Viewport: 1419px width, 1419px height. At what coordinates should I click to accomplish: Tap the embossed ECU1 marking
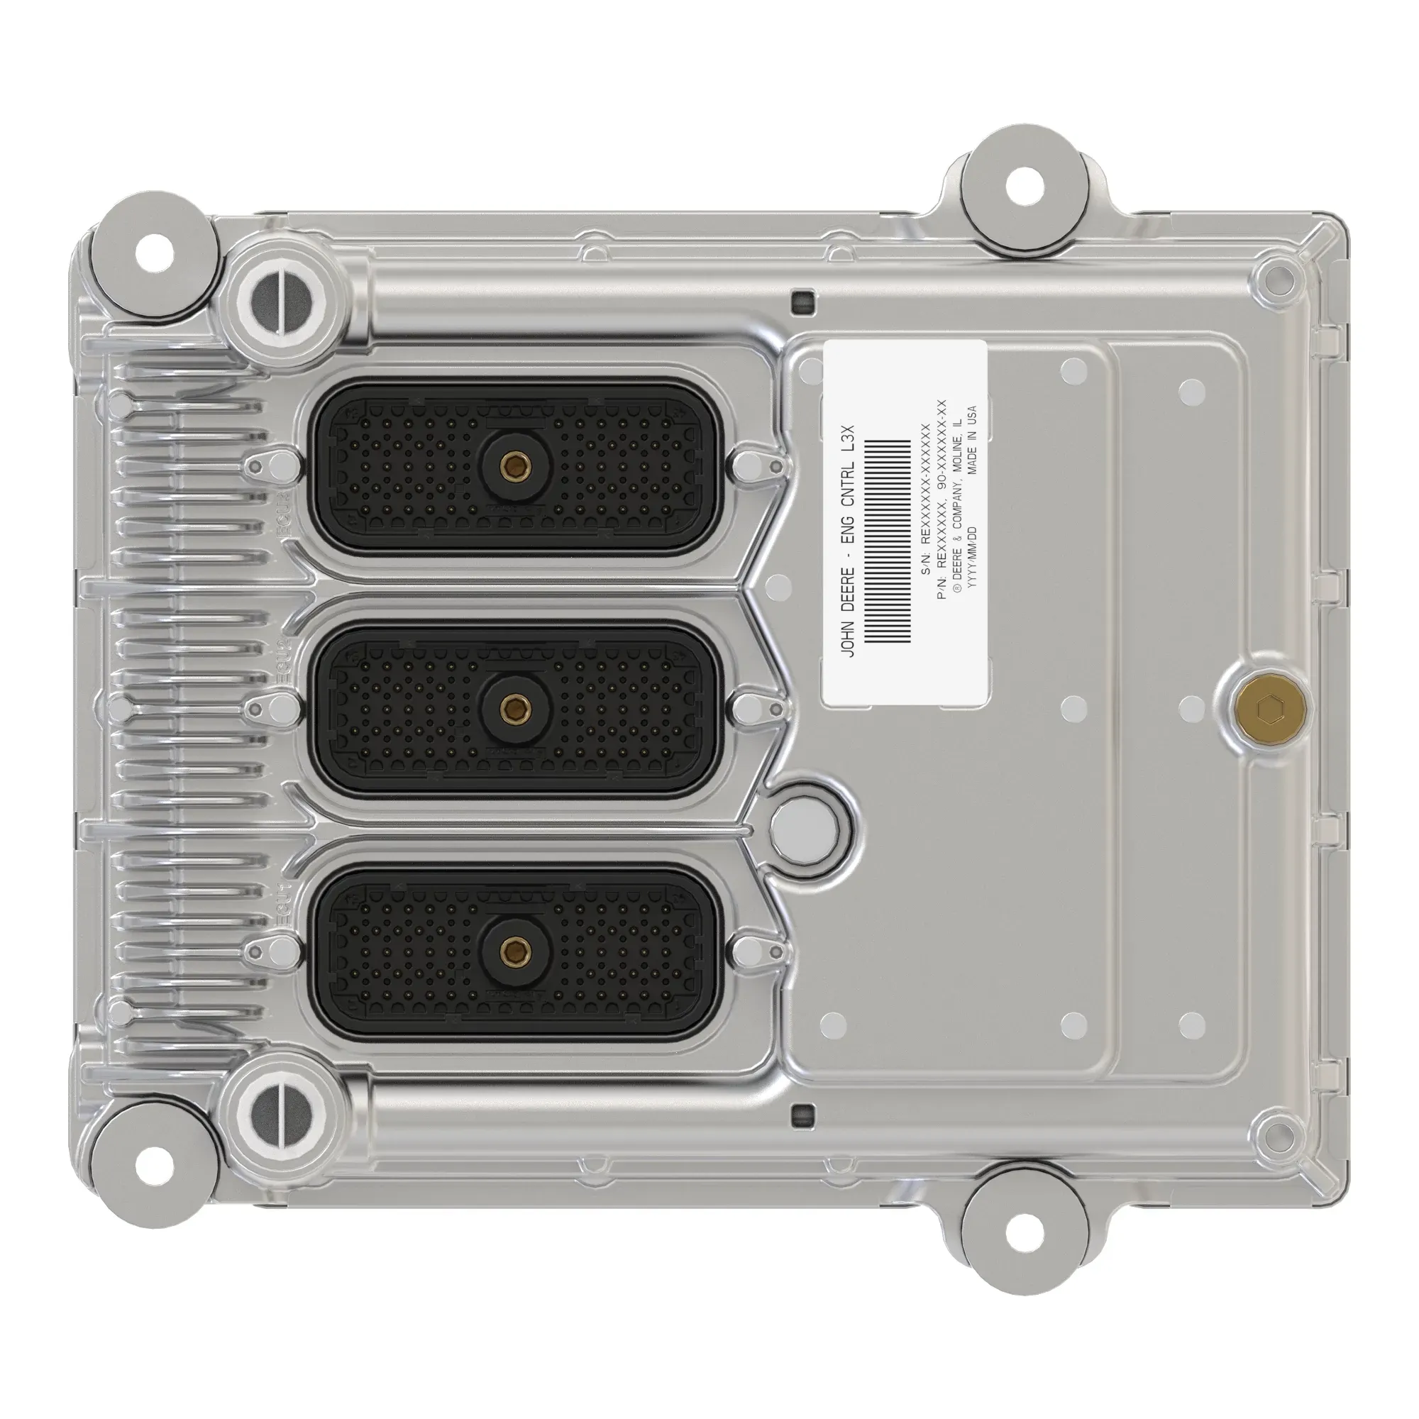pos(284,900)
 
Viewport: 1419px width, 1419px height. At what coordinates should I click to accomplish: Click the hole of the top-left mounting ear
pos(155,253)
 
